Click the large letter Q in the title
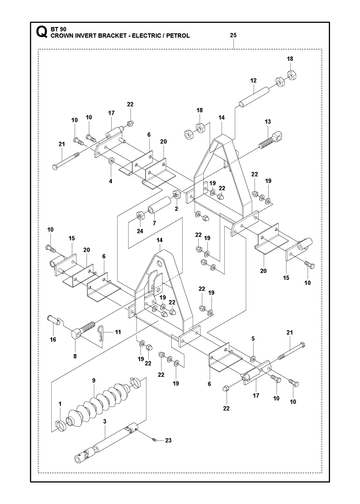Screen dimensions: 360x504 coord(41,32)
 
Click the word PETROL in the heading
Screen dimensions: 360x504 coord(179,36)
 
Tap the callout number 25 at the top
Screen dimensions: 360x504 coord(233,35)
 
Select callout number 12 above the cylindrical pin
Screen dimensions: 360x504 coord(253,80)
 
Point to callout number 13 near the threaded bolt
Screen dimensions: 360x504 coord(268,122)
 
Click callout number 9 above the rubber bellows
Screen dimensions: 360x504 coord(94,380)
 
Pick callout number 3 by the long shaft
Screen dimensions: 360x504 coord(104,422)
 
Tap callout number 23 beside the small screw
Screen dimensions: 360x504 coord(168,440)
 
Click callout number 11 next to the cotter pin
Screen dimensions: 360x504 coord(118,332)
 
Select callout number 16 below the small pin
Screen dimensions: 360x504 coord(53,340)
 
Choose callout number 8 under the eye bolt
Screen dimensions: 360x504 coord(75,356)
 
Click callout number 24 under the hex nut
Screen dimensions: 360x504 coord(140,231)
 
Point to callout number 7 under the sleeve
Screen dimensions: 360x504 coord(154,223)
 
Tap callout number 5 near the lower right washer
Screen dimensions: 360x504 coord(253,339)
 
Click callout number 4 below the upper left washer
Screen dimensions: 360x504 coord(111,181)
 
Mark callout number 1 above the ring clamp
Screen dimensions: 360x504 coord(60,404)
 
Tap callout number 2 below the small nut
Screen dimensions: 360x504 coord(176,209)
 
